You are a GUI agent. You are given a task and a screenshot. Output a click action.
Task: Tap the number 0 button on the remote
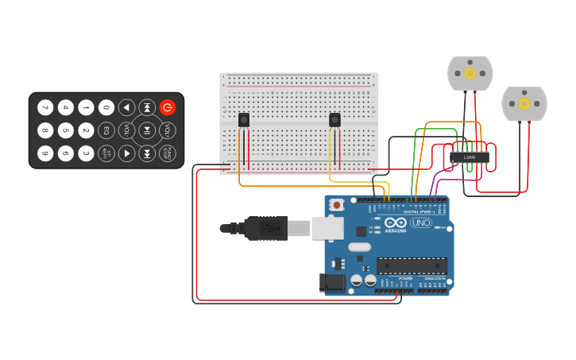coord(106,107)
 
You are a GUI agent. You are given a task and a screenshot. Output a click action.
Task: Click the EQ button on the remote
coord(106,130)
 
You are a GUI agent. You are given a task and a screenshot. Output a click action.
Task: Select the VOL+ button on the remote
coord(168,130)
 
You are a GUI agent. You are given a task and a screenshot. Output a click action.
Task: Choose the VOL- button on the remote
coord(127,130)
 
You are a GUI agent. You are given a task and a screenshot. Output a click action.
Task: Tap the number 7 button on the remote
coord(45,107)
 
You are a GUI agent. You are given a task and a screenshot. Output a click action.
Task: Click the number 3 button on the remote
coord(86,153)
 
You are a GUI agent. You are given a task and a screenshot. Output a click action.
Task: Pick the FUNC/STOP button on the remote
coord(168,153)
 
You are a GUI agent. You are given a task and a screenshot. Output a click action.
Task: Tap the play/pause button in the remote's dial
coord(147,130)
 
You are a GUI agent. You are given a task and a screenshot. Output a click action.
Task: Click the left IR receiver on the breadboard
coord(244,119)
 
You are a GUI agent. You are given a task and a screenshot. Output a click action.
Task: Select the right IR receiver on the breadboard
coord(334,119)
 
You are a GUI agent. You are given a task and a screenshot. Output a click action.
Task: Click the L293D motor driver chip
coord(469,157)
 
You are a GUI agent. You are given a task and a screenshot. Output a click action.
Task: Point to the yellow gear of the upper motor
coord(470,73)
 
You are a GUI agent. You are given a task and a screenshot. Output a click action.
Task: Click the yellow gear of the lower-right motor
coord(524,104)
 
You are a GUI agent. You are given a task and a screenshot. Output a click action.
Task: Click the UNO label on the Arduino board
coord(420,223)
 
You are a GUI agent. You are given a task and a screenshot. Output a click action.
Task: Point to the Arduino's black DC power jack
coord(332,281)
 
